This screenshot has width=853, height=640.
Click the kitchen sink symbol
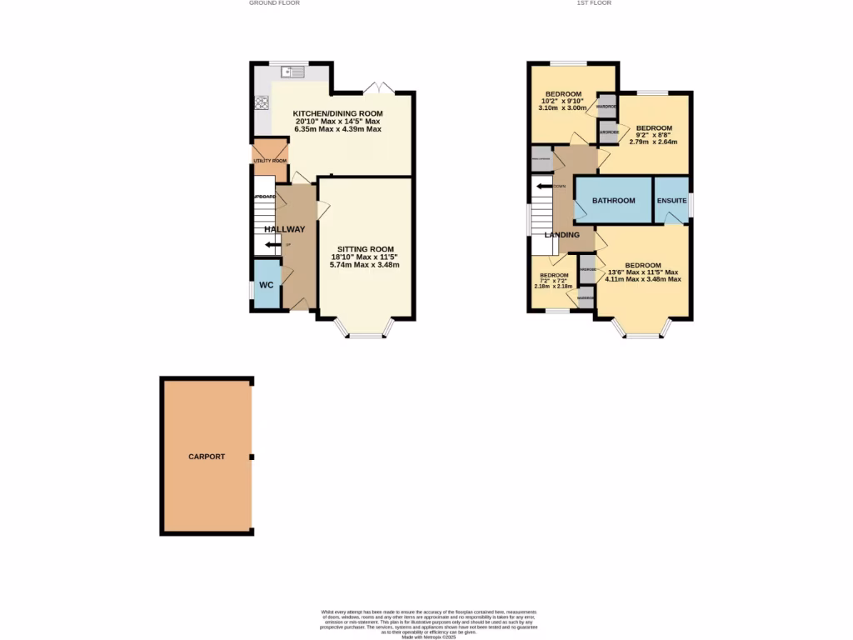pos(294,73)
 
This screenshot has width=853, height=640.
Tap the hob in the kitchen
pos(261,103)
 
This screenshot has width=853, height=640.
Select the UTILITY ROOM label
pos(270,160)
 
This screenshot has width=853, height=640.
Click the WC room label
pos(266,285)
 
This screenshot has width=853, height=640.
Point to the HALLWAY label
pos(285,229)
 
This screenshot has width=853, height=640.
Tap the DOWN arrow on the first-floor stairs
pos(546,186)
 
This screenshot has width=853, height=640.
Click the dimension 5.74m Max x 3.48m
pos(365,265)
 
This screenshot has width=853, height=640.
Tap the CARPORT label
pos(207,457)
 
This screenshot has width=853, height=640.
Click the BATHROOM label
pos(613,201)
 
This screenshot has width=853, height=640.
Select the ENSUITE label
pos(671,201)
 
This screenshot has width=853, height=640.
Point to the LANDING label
pos(562,235)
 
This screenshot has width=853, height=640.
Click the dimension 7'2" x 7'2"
pos(554,281)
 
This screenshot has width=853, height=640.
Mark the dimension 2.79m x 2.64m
pos(653,142)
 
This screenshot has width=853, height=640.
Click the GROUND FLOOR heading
pos(274,3)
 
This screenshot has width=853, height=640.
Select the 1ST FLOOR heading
pos(594,3)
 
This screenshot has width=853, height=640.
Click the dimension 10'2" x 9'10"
pos(563,101)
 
